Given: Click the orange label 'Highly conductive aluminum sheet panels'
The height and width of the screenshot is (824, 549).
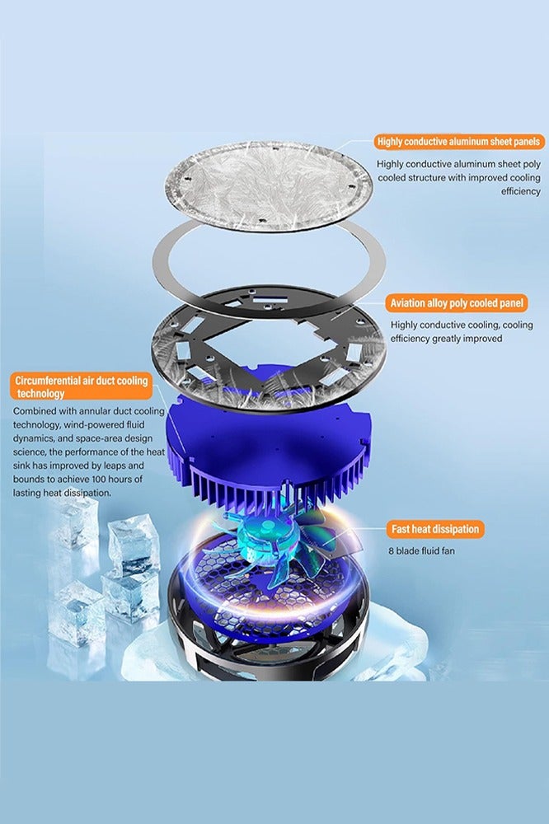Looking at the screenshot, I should click(458, 142).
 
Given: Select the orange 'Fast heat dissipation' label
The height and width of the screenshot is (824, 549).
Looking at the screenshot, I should click(434, 529).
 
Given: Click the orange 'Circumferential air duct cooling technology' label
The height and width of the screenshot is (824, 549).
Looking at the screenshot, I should click(80, 386).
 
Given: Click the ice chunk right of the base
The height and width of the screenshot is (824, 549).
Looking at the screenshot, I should click(396, 643).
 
